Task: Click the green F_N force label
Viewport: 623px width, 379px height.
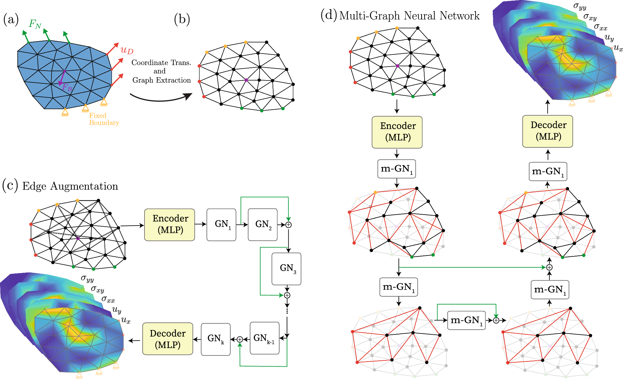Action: click(x=35, y=24)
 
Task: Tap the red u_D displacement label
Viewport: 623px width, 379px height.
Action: click(x=127, y=50)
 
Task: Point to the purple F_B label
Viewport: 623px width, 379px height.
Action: click(x=67, y=87)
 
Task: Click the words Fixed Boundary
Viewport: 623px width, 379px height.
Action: click(x=104, y=119)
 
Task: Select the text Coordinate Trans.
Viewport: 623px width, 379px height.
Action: click(x=161, y=63)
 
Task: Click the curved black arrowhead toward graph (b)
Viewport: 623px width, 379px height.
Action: click(x=188, y=96)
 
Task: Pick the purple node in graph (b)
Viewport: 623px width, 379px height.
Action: click(x=246, y=80)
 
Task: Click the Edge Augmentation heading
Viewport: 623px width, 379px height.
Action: click(x=70, y=186)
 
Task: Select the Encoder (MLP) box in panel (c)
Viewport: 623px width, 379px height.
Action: click(x=170, y=225)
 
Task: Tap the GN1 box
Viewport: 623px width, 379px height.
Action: click(x=221, y=225)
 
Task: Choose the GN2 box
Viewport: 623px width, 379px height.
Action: click(x=263, y=225)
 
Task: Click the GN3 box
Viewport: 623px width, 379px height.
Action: click(x=287, y=269)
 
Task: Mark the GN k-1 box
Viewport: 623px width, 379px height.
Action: click(x=265, y=338)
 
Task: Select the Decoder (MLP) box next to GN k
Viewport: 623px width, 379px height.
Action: click(x=168, y=339)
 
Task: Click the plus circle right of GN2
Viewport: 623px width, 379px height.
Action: click(x=288, y=225)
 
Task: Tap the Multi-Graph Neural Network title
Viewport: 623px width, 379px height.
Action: click(x=409, y=15)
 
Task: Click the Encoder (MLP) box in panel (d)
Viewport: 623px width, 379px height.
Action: click(x=397, y=132)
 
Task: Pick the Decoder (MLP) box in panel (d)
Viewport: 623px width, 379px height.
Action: click(x=548, y=131)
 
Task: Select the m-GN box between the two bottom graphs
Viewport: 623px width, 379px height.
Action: click(x=466, y=320)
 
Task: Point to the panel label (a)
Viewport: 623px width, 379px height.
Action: click(x=11, y=20)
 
